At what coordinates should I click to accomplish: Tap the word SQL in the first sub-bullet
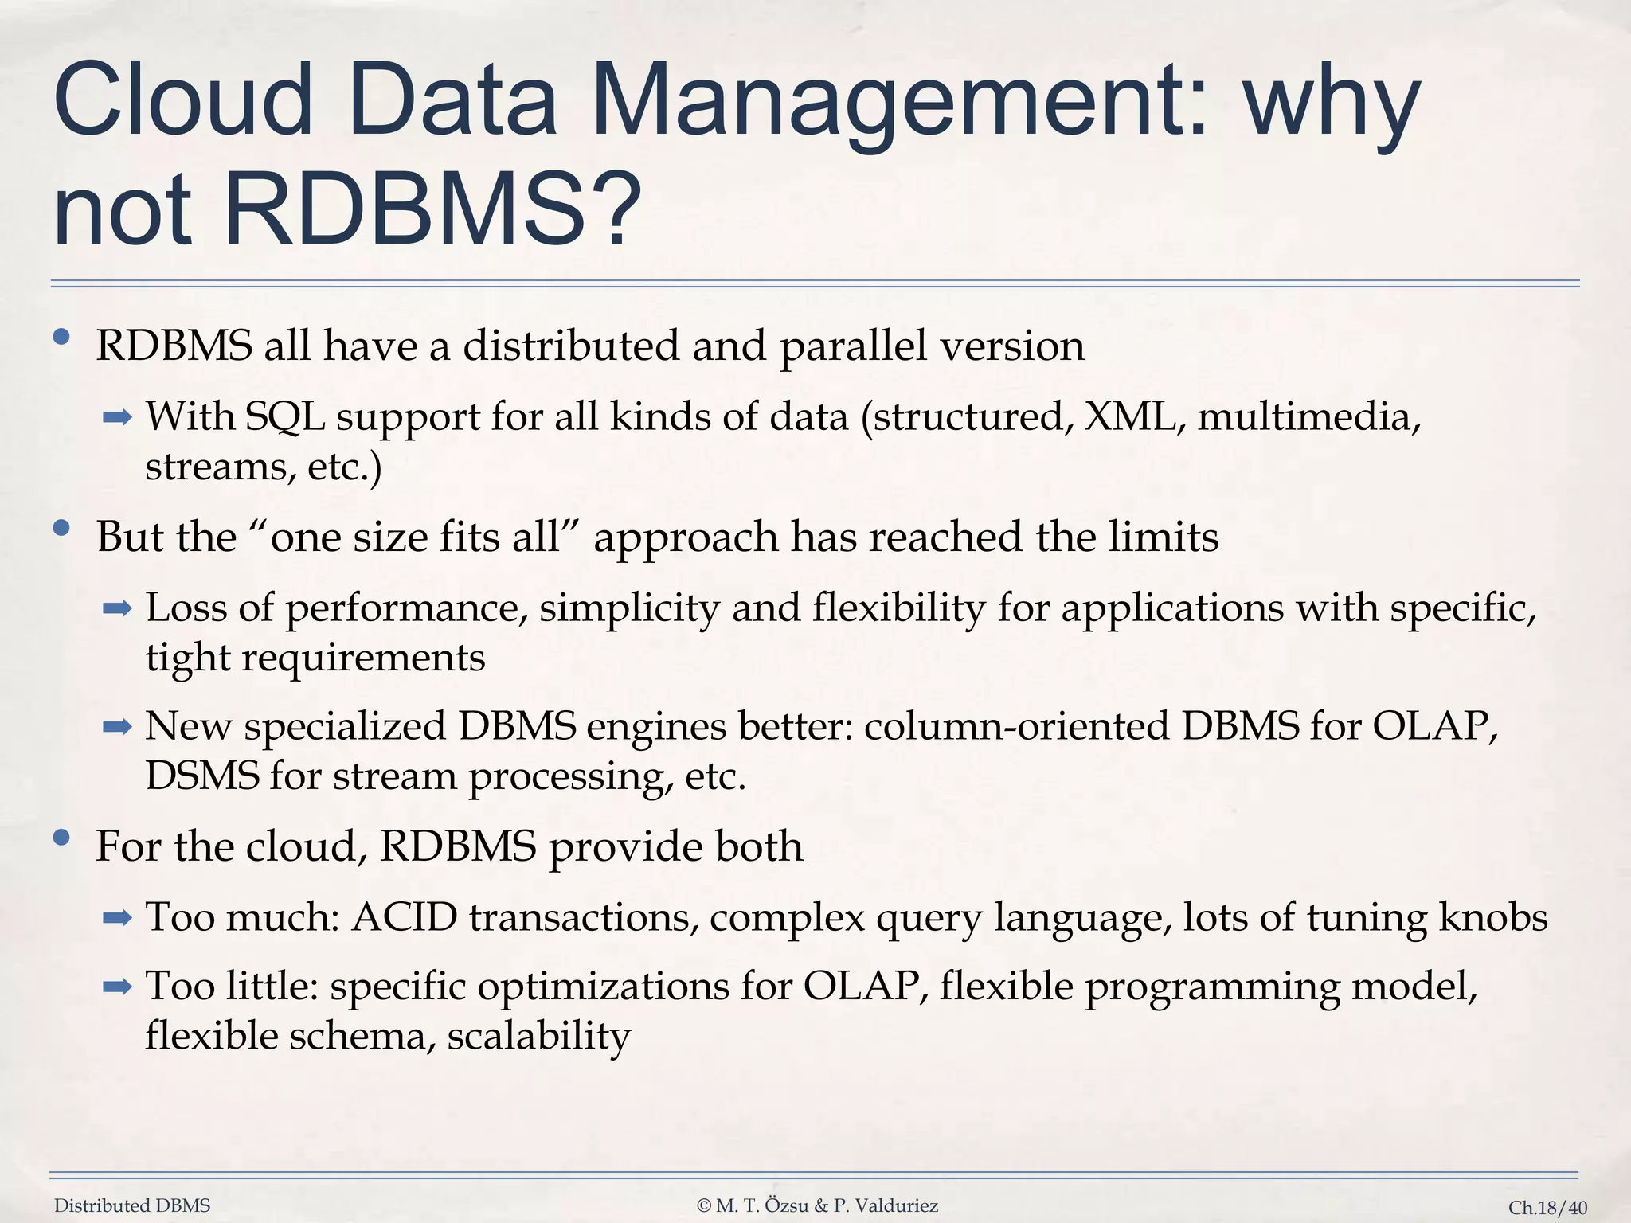[285, 417]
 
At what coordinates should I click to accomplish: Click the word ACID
[405, 917]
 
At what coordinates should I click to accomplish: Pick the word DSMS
[202, 776]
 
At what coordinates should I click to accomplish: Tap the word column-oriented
[1016, 726]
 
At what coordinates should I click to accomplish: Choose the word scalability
[539, 1037]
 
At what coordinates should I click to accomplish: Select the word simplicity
[629, 609]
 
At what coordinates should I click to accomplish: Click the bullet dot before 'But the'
[61, 529]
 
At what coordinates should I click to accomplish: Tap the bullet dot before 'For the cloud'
[61, 838]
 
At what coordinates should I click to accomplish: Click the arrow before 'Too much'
[117, 919]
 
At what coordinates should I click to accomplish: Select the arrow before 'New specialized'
[117, 727]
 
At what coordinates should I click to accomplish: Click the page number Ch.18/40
[1547, 1208]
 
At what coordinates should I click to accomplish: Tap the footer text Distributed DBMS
[132, 1206]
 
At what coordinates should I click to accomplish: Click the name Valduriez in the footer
[895, 1206]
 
